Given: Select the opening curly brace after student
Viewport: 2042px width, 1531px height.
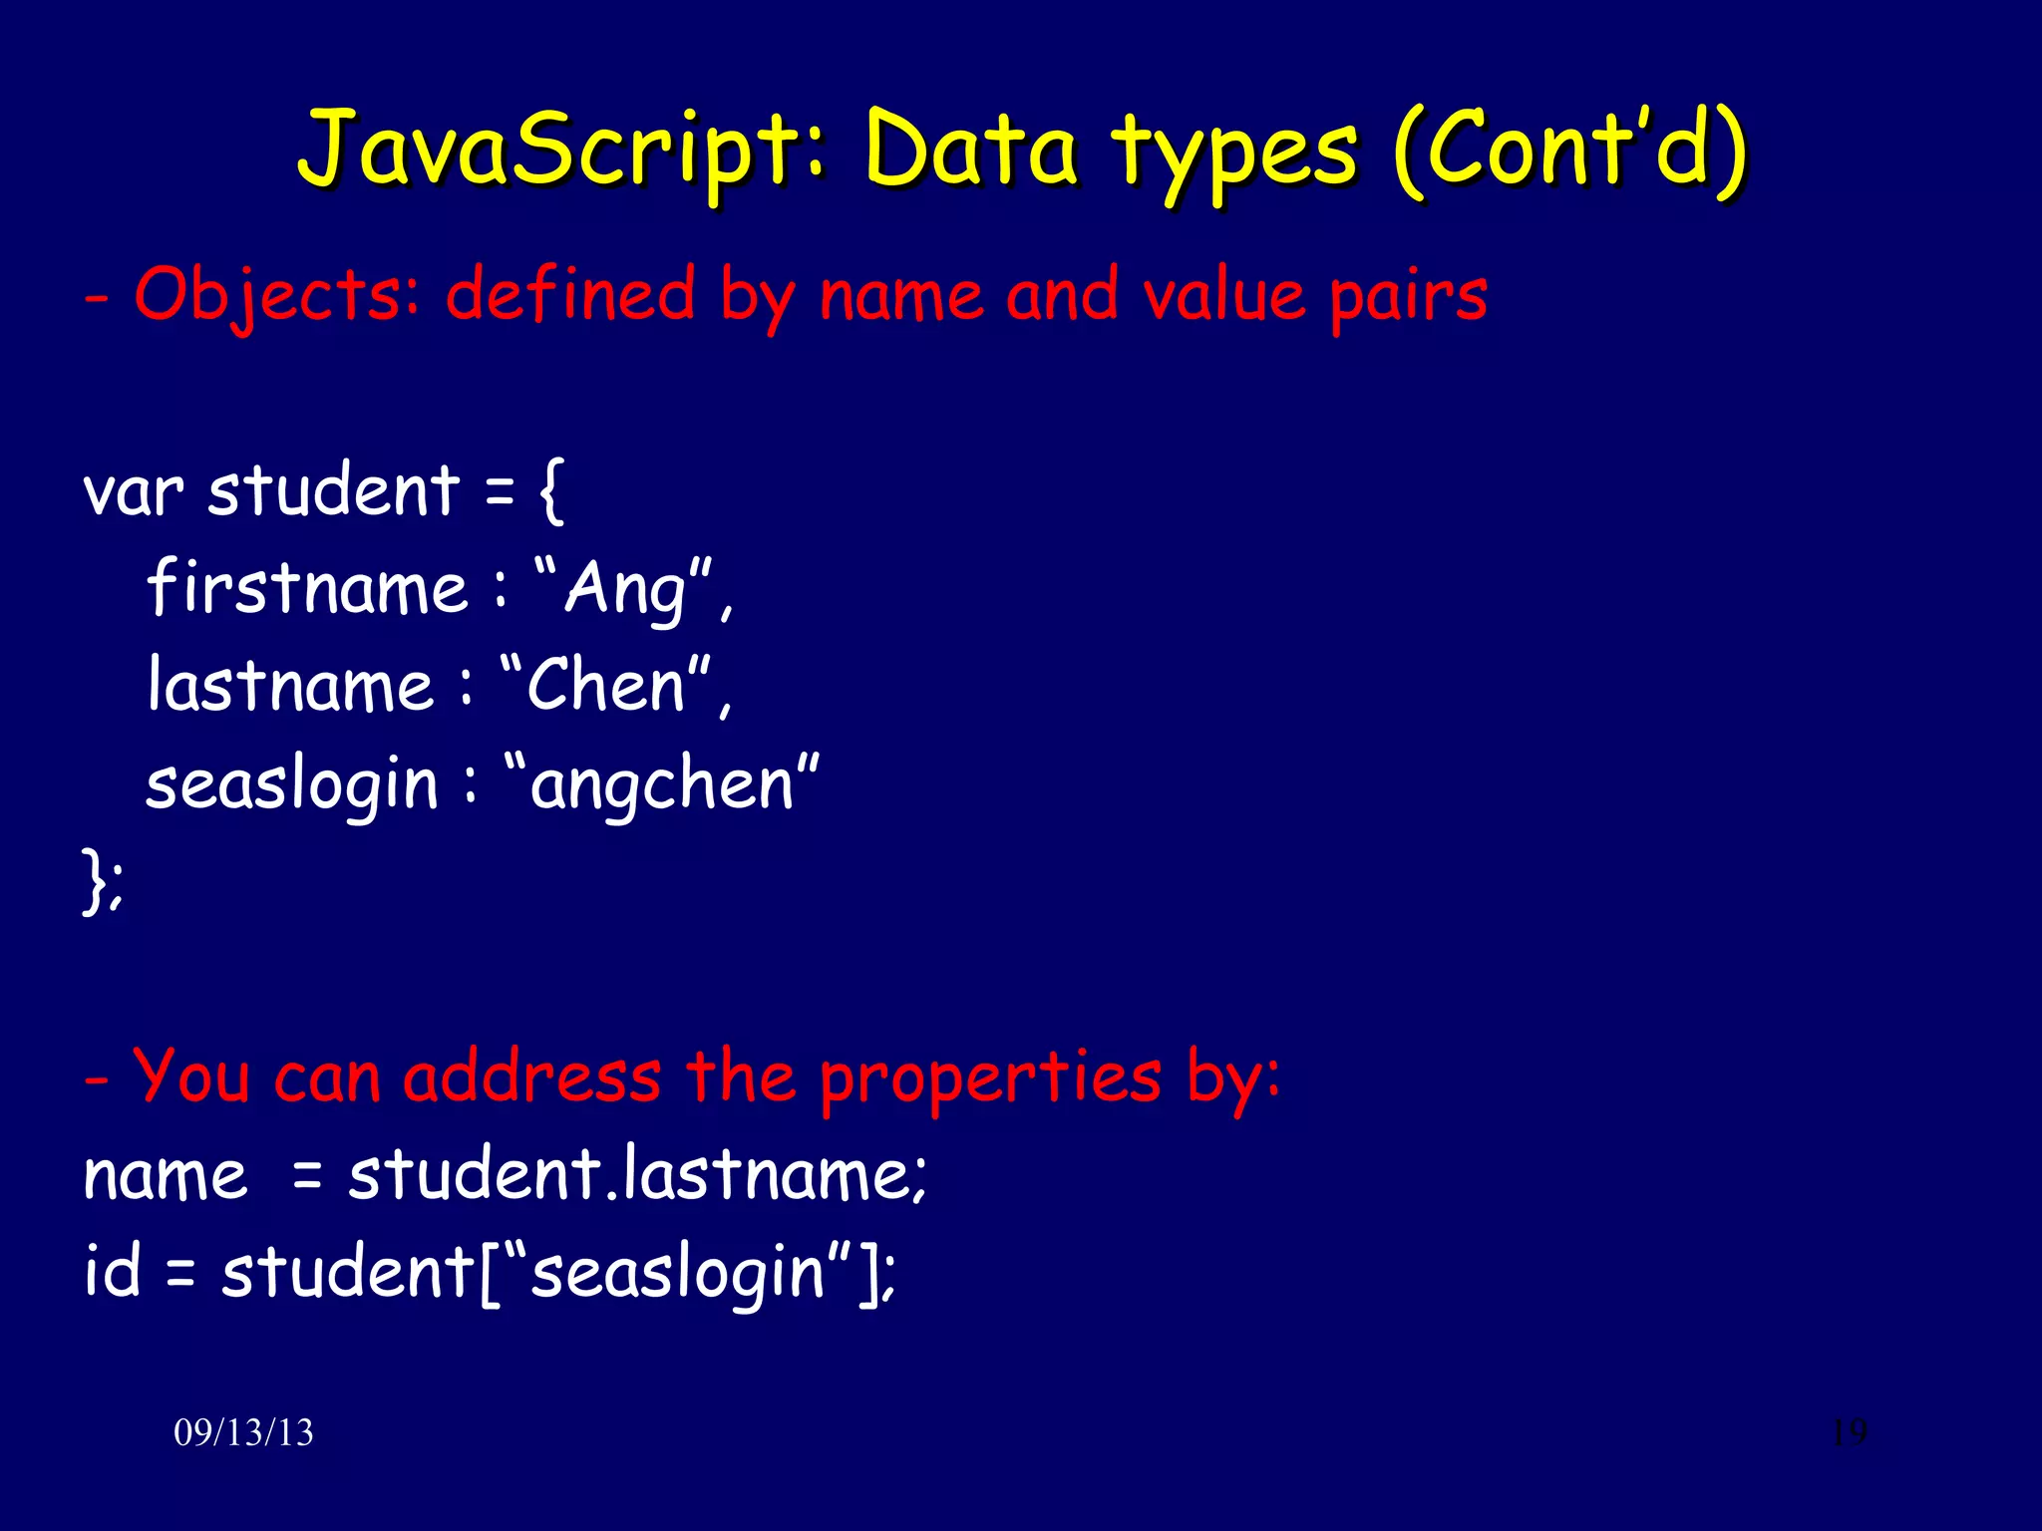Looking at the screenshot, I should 551,489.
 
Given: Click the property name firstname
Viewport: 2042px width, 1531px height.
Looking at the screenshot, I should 307,587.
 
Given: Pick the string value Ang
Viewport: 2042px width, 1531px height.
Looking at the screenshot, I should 625,589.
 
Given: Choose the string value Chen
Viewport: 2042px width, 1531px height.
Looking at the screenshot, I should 605,686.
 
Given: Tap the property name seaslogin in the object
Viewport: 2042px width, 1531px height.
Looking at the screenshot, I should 292,783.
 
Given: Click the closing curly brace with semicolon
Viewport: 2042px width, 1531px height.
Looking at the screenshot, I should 103,879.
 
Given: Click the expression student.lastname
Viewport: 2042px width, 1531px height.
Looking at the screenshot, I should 636,1174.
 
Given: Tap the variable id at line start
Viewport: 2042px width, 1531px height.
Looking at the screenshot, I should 112,1270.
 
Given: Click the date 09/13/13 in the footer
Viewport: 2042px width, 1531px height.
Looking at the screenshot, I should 243,1432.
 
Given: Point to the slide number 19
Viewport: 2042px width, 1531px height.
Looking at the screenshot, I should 1849,1432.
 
